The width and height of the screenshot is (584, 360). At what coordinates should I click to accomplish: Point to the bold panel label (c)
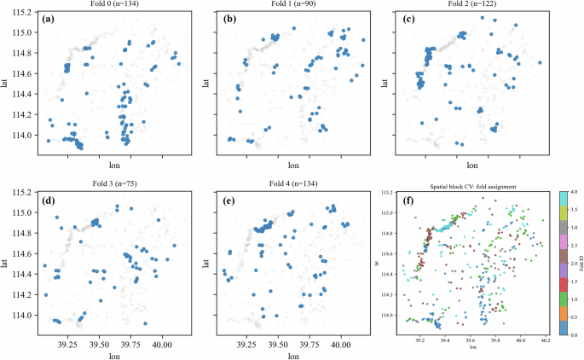[x=408, y=19]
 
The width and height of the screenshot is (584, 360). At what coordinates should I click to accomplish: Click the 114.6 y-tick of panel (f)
[x=390, y=253]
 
